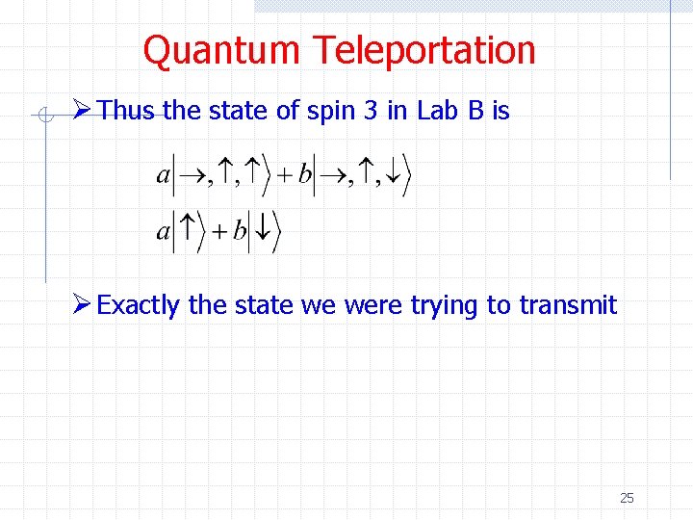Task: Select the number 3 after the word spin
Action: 371,112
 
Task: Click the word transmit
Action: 568,306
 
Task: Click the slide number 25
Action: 627,498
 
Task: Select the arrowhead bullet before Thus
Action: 83,111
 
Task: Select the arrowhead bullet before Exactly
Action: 83,305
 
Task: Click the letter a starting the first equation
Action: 162,176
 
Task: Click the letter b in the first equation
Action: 305,174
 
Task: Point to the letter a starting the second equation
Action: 162,231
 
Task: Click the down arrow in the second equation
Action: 264,231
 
